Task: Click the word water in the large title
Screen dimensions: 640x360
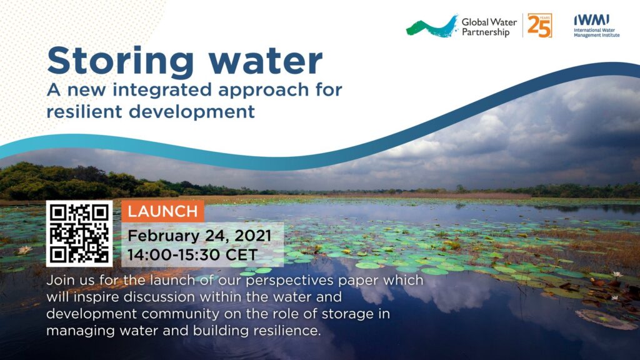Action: [x=266, y=61]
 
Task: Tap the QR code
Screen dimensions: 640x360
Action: [x=79, y=234]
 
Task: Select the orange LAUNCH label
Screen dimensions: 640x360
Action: [x=163, y=211]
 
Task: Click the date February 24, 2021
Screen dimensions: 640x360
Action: [x=199, y=236]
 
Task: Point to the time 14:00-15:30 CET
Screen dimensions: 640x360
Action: [x=192, y=255]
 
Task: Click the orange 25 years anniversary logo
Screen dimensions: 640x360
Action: [x=539, y=25]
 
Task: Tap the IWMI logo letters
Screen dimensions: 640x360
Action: [x=592, y=20]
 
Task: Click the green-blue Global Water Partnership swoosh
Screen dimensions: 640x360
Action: [x=432, y=27]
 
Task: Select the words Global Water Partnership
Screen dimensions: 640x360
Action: [x=489, y=27]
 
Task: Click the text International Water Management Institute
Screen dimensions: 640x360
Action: [x=597, y=32]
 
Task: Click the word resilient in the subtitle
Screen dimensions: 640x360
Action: [x=84, y=111]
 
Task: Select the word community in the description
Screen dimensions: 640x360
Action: [x=181, y=314]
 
